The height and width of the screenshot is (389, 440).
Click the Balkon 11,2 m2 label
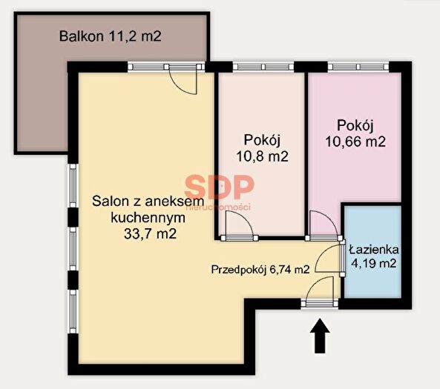click(x=110, y=36)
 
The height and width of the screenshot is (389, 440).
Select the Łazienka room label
click(x=374, y=250)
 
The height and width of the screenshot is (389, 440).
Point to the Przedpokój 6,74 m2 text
click(x=260, y=270)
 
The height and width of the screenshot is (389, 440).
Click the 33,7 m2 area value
click(x=150, y=233)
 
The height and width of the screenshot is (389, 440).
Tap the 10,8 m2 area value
click(x=262, y=156)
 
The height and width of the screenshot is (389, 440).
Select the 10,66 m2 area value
click(x=355, y=142)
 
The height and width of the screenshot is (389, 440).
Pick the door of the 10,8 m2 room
click(x=240, y=225)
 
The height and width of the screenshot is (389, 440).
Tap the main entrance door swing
click(x=320, y=289)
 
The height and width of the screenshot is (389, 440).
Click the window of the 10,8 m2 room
click(x=263, y=67)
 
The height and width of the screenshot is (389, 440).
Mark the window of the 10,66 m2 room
click(x=358, y=67)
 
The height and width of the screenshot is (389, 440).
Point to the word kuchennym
click(x=148, y=218)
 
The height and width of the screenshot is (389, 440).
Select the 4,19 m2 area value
click(x=374, y=264)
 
